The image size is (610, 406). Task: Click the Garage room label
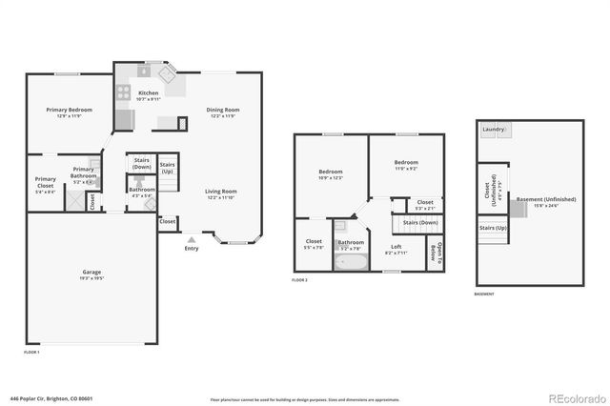point(91,273)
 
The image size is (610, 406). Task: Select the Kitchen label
point(149,93)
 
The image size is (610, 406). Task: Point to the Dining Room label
point(223,110)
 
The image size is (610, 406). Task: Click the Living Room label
point(221,192)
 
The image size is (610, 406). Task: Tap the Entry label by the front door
point(193,249)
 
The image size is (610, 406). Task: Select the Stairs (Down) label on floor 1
point(142,163)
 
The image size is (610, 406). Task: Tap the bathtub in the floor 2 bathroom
point(350,260)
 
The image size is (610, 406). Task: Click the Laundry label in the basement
point(494,130)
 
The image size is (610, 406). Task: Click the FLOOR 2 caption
point(300,280)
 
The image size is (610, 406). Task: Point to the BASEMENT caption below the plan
point(484,294)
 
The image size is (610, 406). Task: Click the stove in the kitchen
point(123,93)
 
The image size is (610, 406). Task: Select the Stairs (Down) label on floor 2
point(420,222)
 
